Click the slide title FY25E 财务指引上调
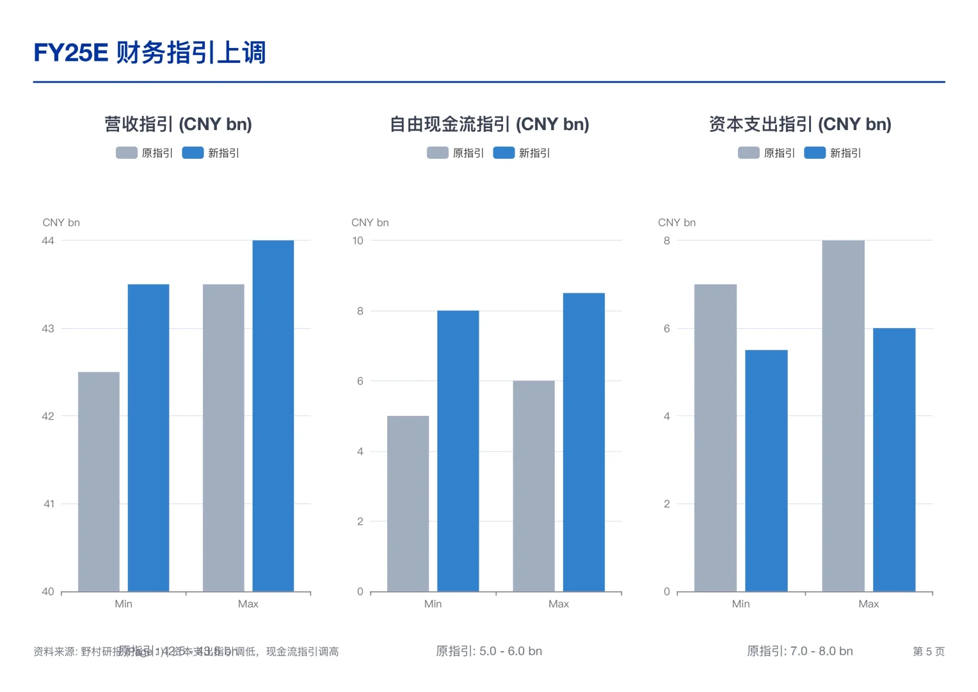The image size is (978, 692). pos(149,53)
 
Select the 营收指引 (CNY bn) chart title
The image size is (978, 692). pos(178,124)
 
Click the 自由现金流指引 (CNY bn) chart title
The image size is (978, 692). pos(489,124)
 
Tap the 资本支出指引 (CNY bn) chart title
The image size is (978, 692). pos(799,124)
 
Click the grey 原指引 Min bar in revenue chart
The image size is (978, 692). pos(99,481)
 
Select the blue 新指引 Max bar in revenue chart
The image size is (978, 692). pos(273,416)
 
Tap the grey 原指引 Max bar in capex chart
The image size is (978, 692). pos(843,416)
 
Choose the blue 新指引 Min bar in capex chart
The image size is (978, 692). pos(766,471)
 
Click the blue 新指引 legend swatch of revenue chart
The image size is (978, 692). pos(193,152)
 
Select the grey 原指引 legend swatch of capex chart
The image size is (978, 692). pos(748,152)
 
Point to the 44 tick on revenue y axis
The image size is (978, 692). pos(48,241)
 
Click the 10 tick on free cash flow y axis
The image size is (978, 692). pos(358,241)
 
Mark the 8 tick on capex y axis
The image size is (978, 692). pos(667,241)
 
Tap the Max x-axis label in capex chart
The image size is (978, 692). pos(869,604)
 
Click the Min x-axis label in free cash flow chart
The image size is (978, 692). pos(433,604)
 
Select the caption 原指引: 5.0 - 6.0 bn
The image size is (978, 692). pos(489,651)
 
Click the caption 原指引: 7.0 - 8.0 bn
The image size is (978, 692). pos(799,651)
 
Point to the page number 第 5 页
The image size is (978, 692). pos(928,652)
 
